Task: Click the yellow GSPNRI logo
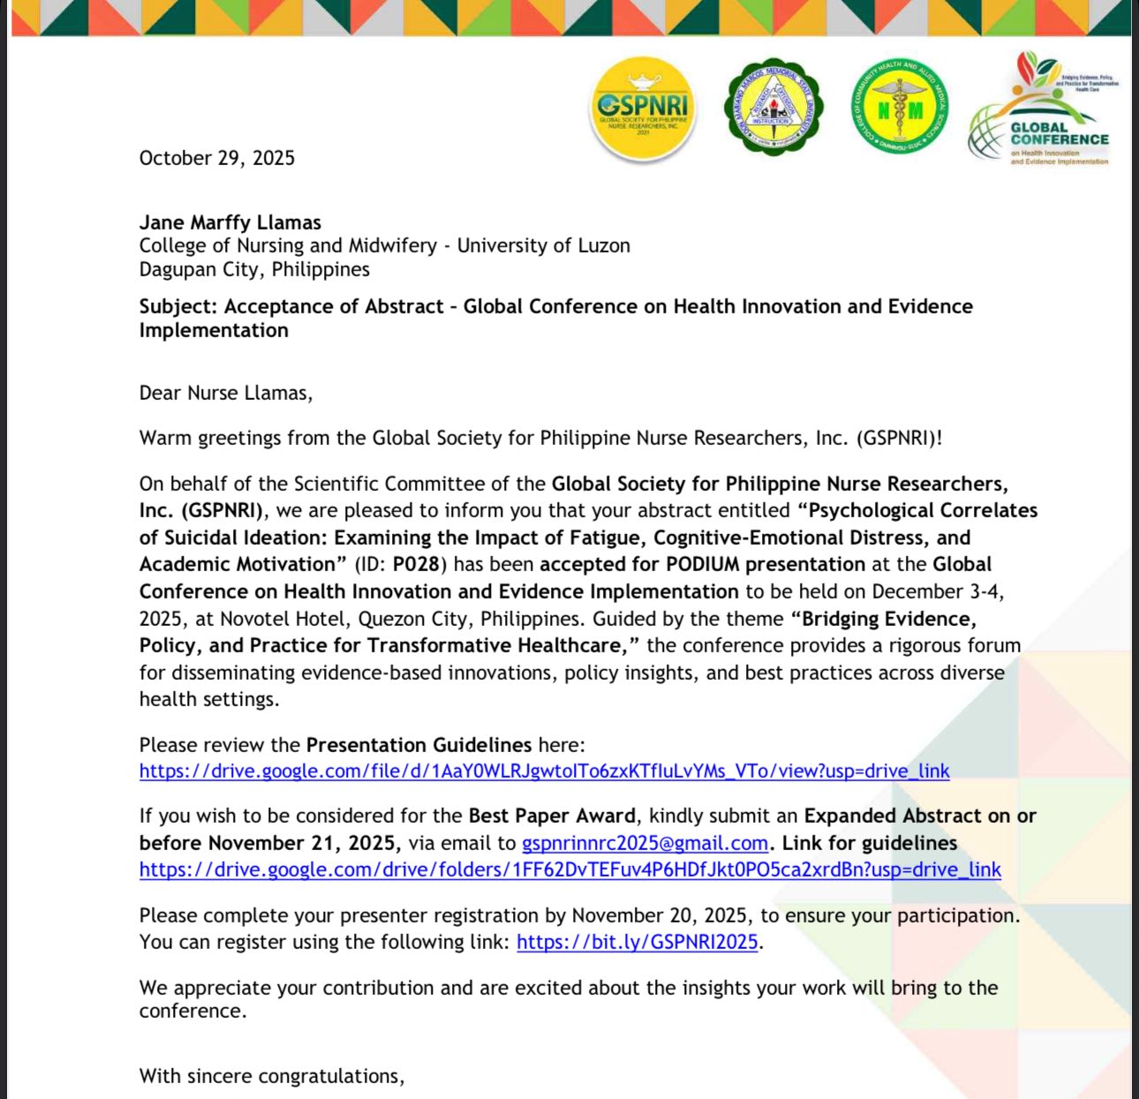(x=643, y=110)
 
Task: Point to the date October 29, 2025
(x=217, y=158)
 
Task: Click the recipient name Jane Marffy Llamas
(x=230, y=222)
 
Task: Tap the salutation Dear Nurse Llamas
(x=225, y=393)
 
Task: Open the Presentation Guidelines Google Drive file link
(x=544, y=771)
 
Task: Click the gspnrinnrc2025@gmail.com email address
(x=645, y=843)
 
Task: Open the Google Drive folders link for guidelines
(x=569, y=869)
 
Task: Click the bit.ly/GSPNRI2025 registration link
(x=637, y=942)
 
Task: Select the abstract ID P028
(x=415, y=564)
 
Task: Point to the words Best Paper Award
(x=551, y=816)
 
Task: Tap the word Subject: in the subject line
(x=178, y=306)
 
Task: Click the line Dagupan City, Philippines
(x=254, y=269)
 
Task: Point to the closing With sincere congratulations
(x=271, y=1076)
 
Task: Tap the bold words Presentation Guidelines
(x=419, y=744)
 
